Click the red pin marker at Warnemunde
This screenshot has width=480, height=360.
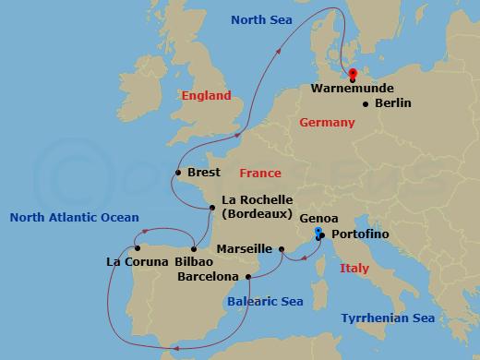(x=353, y=76)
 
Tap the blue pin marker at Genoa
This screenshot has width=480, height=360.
(x=318, y=232)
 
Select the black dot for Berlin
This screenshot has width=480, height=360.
(x=366, y=103)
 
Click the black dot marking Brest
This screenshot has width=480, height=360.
(x=177, y=173)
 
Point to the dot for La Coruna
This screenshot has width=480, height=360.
(x=137, y=247)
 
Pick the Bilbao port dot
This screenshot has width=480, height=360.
(x=193, y=247)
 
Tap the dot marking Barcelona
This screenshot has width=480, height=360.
(x=248, y=276)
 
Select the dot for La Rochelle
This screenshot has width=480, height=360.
(x=212, y=207)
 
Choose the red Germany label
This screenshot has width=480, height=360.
(x=328, y=123)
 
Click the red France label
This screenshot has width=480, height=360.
(x=259, y=173)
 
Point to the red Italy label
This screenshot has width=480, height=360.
(x=354, y=268)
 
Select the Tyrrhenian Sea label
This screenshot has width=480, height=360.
(x=388, y=318)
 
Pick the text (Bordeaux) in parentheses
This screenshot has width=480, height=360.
(x=258, y=214)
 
